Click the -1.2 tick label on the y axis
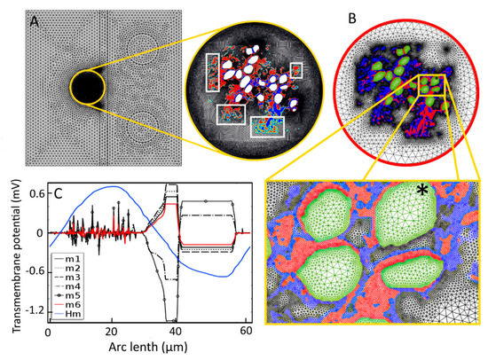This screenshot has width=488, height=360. [x=28, y=310]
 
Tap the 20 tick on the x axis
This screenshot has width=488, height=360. [x=111, y=333]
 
